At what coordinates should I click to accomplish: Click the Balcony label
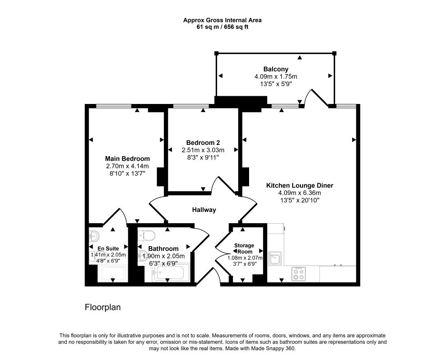pos(276,69)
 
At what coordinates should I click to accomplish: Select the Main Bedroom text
pos(127,158)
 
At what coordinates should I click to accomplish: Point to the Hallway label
pos(204,210)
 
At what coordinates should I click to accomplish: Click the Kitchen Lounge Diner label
pos(300,185)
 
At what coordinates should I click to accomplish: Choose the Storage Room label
pos(244,248)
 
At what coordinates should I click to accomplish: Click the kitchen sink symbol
pos(274,259)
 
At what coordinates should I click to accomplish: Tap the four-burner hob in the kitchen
pos(298,274)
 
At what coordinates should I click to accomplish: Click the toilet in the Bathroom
pos(147,235)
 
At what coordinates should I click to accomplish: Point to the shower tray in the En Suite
pos(112,274)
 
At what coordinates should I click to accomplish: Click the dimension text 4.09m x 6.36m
pos(300,193)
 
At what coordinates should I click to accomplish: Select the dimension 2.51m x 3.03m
pos(203,150)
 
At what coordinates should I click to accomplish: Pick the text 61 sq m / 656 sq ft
pos(222,27)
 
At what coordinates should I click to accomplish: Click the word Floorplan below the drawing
pos(103,308)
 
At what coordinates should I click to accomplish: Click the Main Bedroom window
pos(114,106)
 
